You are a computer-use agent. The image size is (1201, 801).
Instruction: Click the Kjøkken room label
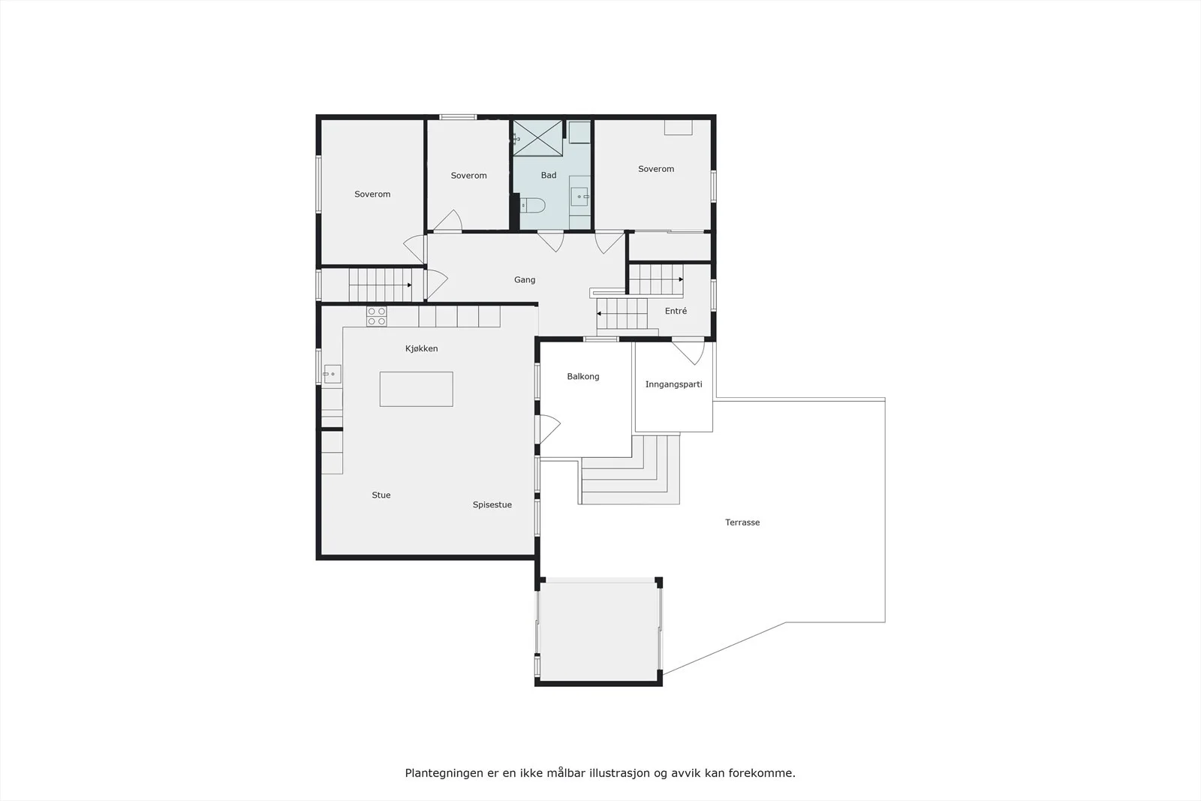421,348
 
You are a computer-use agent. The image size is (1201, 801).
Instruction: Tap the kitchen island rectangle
416,389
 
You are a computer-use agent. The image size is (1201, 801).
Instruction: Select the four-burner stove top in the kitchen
376,316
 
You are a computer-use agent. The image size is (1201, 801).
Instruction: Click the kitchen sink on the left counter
332,374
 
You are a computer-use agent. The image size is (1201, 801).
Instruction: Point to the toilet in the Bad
532,205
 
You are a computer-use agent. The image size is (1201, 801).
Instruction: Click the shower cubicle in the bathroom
537,138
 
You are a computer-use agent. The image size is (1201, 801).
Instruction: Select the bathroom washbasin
579,196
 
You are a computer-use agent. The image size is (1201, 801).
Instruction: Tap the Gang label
525,279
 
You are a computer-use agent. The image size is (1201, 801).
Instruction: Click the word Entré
676,311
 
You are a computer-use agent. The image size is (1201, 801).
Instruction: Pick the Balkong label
582,376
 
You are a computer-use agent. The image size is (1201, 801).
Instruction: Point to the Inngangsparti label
673,384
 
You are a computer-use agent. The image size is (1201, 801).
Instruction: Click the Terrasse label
742,522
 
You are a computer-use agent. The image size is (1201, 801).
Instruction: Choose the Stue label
381,495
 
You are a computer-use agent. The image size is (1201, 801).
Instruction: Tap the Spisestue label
492,504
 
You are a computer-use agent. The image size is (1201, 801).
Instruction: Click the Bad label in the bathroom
549,175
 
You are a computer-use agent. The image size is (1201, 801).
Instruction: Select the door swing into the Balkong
550,429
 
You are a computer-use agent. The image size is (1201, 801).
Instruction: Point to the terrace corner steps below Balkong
630,470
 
